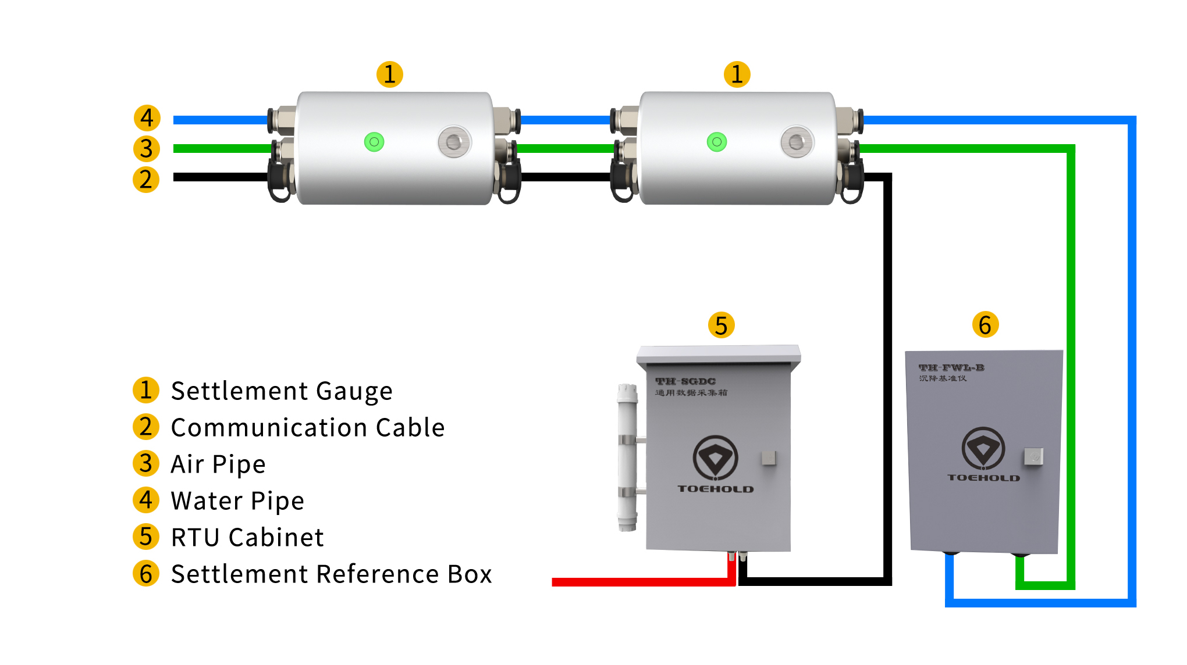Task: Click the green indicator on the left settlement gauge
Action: pos(374,142)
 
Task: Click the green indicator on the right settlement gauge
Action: pos(717,142)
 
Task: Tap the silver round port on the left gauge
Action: pos(454,141)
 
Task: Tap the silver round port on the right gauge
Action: pos(797,141)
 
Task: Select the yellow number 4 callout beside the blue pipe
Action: pos(147,118)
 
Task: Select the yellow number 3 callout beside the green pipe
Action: pos(147,148)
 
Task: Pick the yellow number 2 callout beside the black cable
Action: pos(146,179)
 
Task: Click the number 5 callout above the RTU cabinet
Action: pos(722,326)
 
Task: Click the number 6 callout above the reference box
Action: pos(985,324)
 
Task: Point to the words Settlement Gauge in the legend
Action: pos(282,391)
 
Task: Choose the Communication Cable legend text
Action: pos(308,428)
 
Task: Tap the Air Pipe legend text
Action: pos(218,464)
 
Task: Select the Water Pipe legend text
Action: pos(237,501)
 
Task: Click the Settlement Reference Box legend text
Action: pos(331,574)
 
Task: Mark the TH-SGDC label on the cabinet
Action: pos(685,381)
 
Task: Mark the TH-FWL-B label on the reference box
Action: pos(951,367)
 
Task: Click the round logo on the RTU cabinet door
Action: pos(715,458)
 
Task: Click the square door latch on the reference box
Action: pos(1033,456)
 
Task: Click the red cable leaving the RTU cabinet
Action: pos(640,582)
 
